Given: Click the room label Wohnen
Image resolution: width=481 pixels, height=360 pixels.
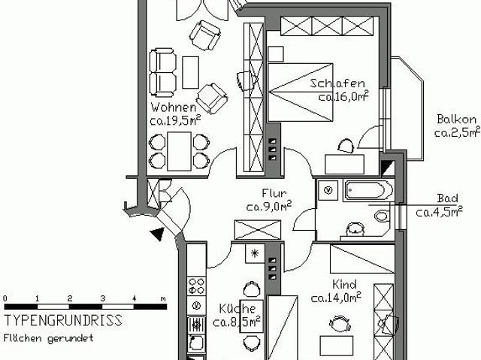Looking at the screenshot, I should pyautogui.click(x=169, y=107).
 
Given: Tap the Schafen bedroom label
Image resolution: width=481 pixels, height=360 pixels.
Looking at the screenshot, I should pyautogui.click(x=336, y=83).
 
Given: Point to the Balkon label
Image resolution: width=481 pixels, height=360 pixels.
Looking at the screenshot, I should pyautogui.click(x=455, y=119).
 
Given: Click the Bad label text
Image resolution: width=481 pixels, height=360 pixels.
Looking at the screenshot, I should pyautogui.click(x=447, y=198).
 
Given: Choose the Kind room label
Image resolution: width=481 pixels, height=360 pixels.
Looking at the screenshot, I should pyautogui.click(x=345, y=285).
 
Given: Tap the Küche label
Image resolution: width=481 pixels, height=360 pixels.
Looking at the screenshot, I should pyautogui.click(x=237, y=309).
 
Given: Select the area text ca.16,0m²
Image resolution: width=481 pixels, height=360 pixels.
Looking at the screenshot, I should pyautogui.click(x=343, y=96).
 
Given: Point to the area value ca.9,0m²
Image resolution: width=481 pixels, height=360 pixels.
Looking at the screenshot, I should pyautogui.click(x=268, y=206).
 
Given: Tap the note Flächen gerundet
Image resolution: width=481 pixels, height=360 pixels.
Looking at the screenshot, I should pyautogui.click(x=48, y=337).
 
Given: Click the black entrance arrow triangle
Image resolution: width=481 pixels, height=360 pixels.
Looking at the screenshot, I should pyautogui.click(x=157, y=234).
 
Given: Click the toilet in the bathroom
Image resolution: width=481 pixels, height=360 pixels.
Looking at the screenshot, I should pyautogui.click(x=382, y=216).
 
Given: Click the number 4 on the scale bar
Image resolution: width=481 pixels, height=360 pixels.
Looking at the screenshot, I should pyautogui.click(x=134, y=298).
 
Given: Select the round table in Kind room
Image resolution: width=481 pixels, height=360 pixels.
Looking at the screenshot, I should pyautogui.click(x=340, y=324).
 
